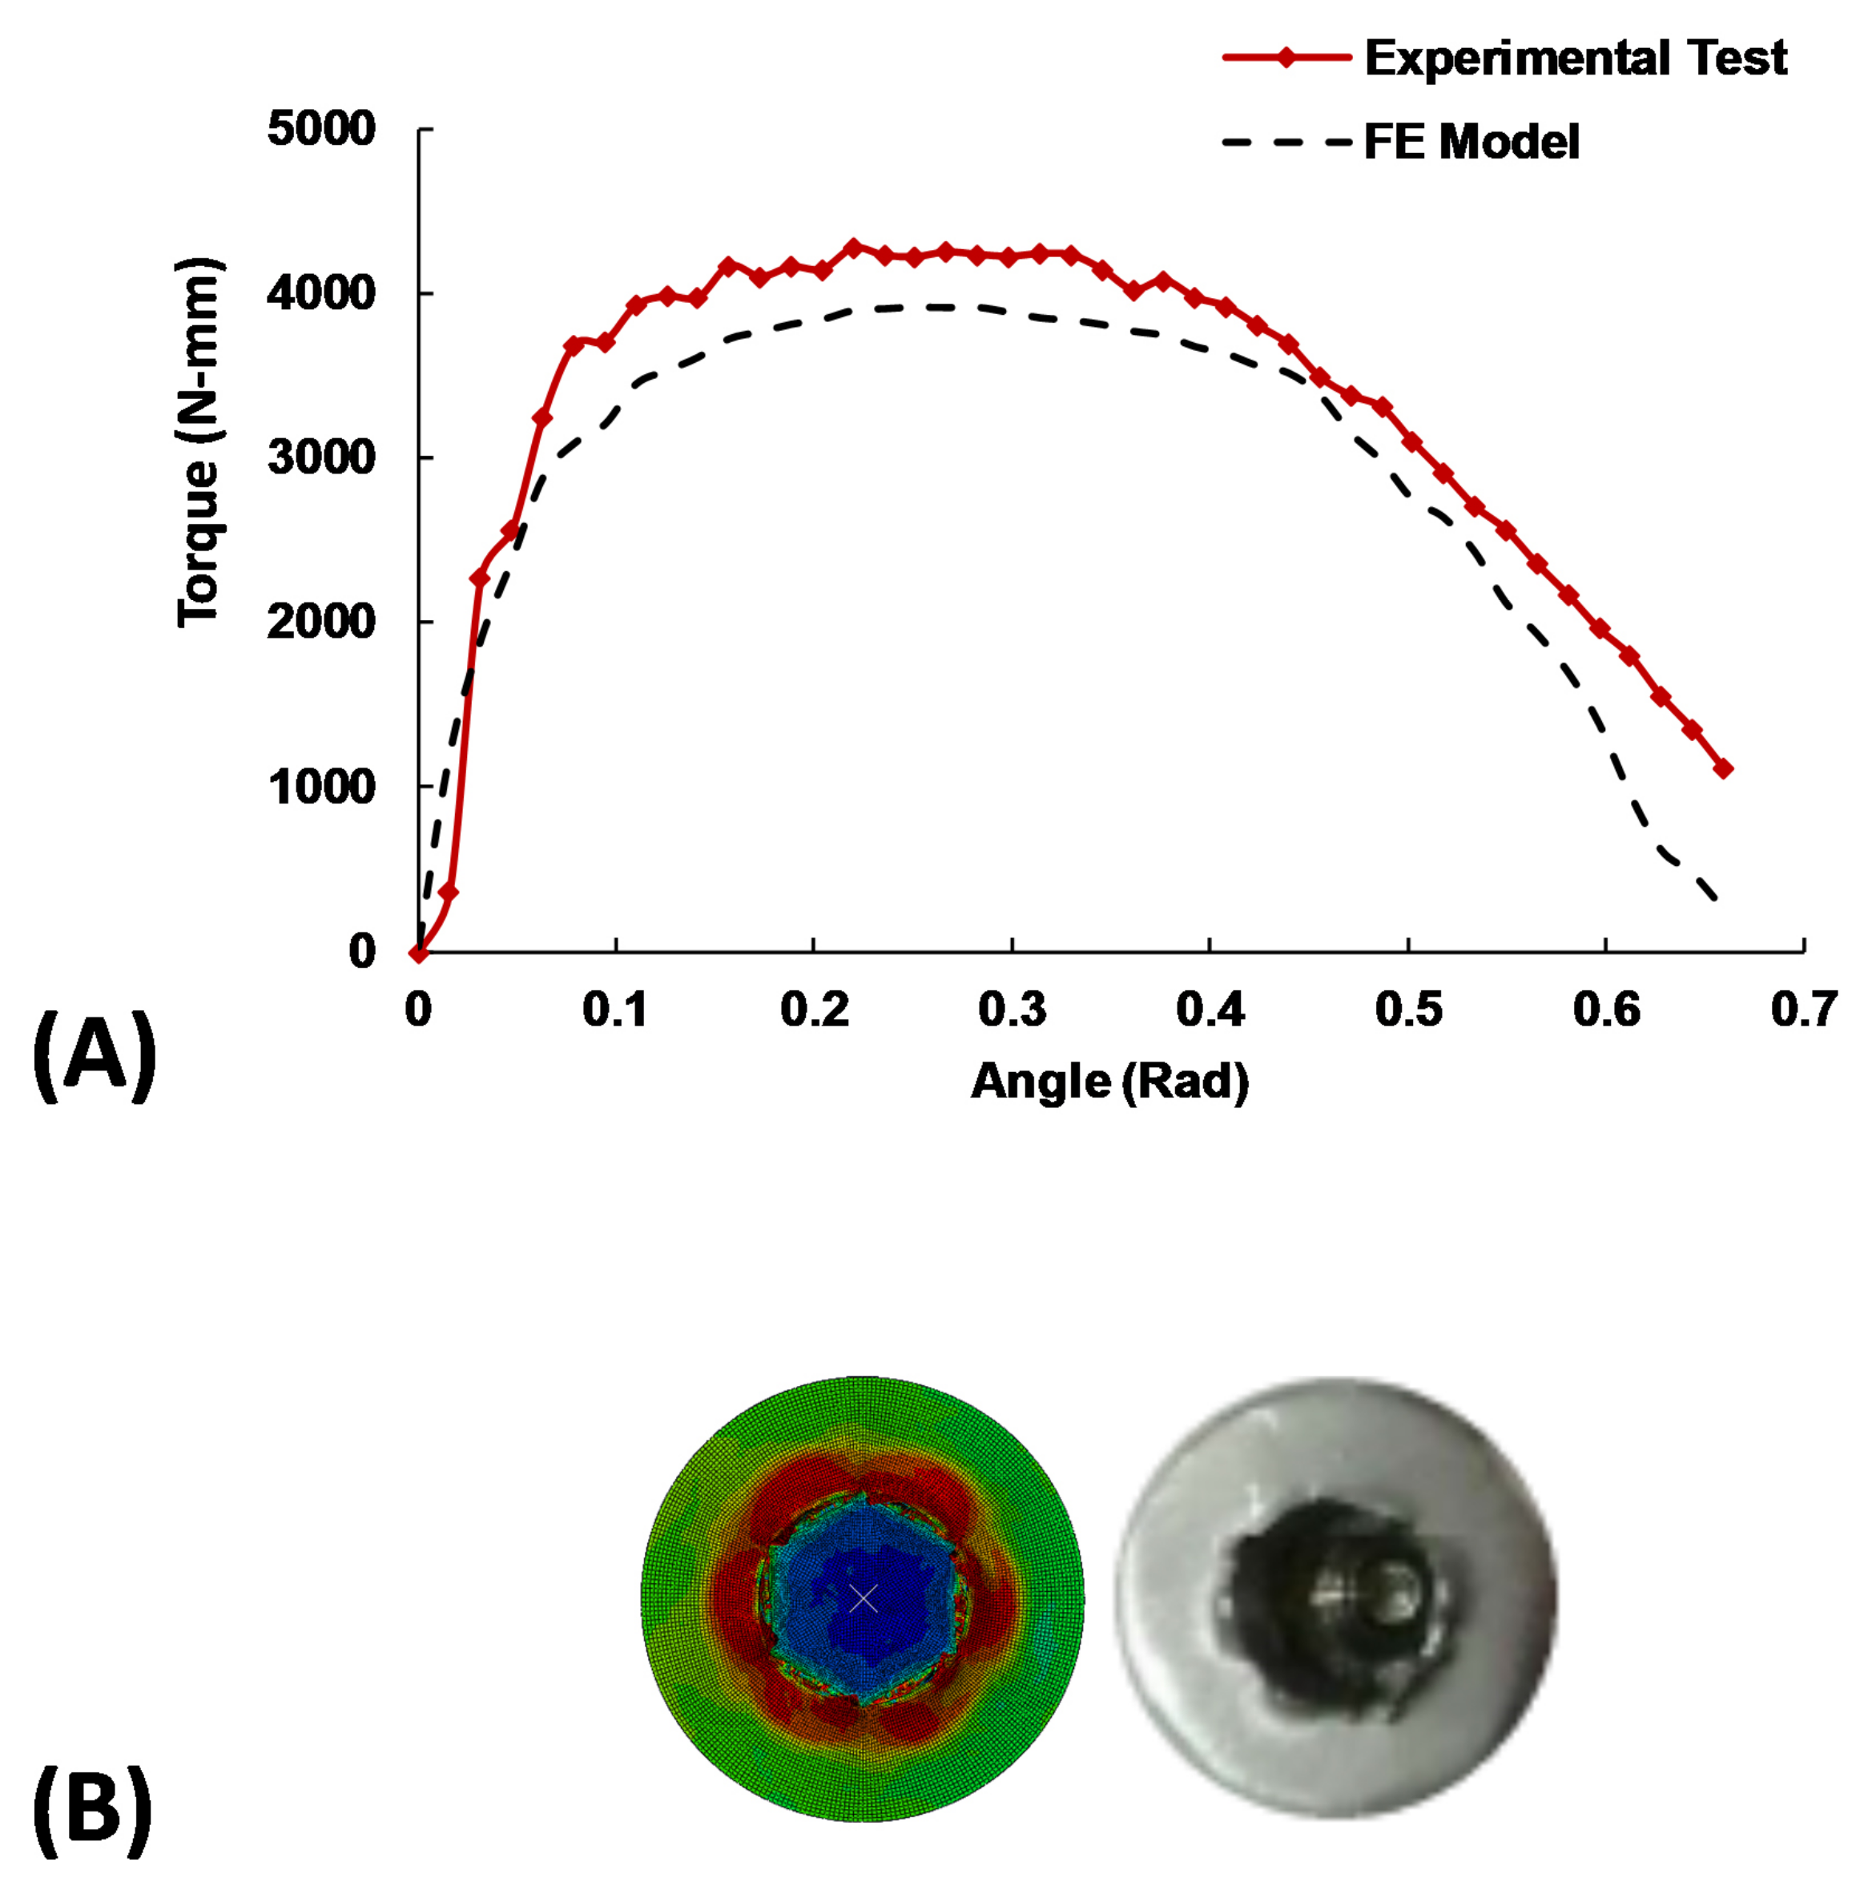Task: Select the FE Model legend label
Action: pyautogui.click(x=1471, y=142)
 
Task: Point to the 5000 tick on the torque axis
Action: pyautogui.click(x=321, y=130)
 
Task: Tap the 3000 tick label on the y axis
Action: pyautogui.click(x=321, y=457)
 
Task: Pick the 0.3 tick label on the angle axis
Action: pyautogui.click(x=1013, y=1009)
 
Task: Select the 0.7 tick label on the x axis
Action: pyautogui.click(x=1803, y=1009)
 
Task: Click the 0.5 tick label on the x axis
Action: pyautogui.click(x=1408, y=1009)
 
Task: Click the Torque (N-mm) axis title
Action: pyautogui.click(x=199, y=443)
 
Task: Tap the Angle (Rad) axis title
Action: pyautogui.click(x=1109, y=1082)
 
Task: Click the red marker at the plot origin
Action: pyautogui.click(x=418, y=952)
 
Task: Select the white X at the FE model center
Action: pyautogui.click(x=864, y=1599)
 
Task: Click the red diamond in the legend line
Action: pyautogui.click(x=1286, y=58)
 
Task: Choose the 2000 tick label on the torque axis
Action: pyautogui.click(x=321, y=623)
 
